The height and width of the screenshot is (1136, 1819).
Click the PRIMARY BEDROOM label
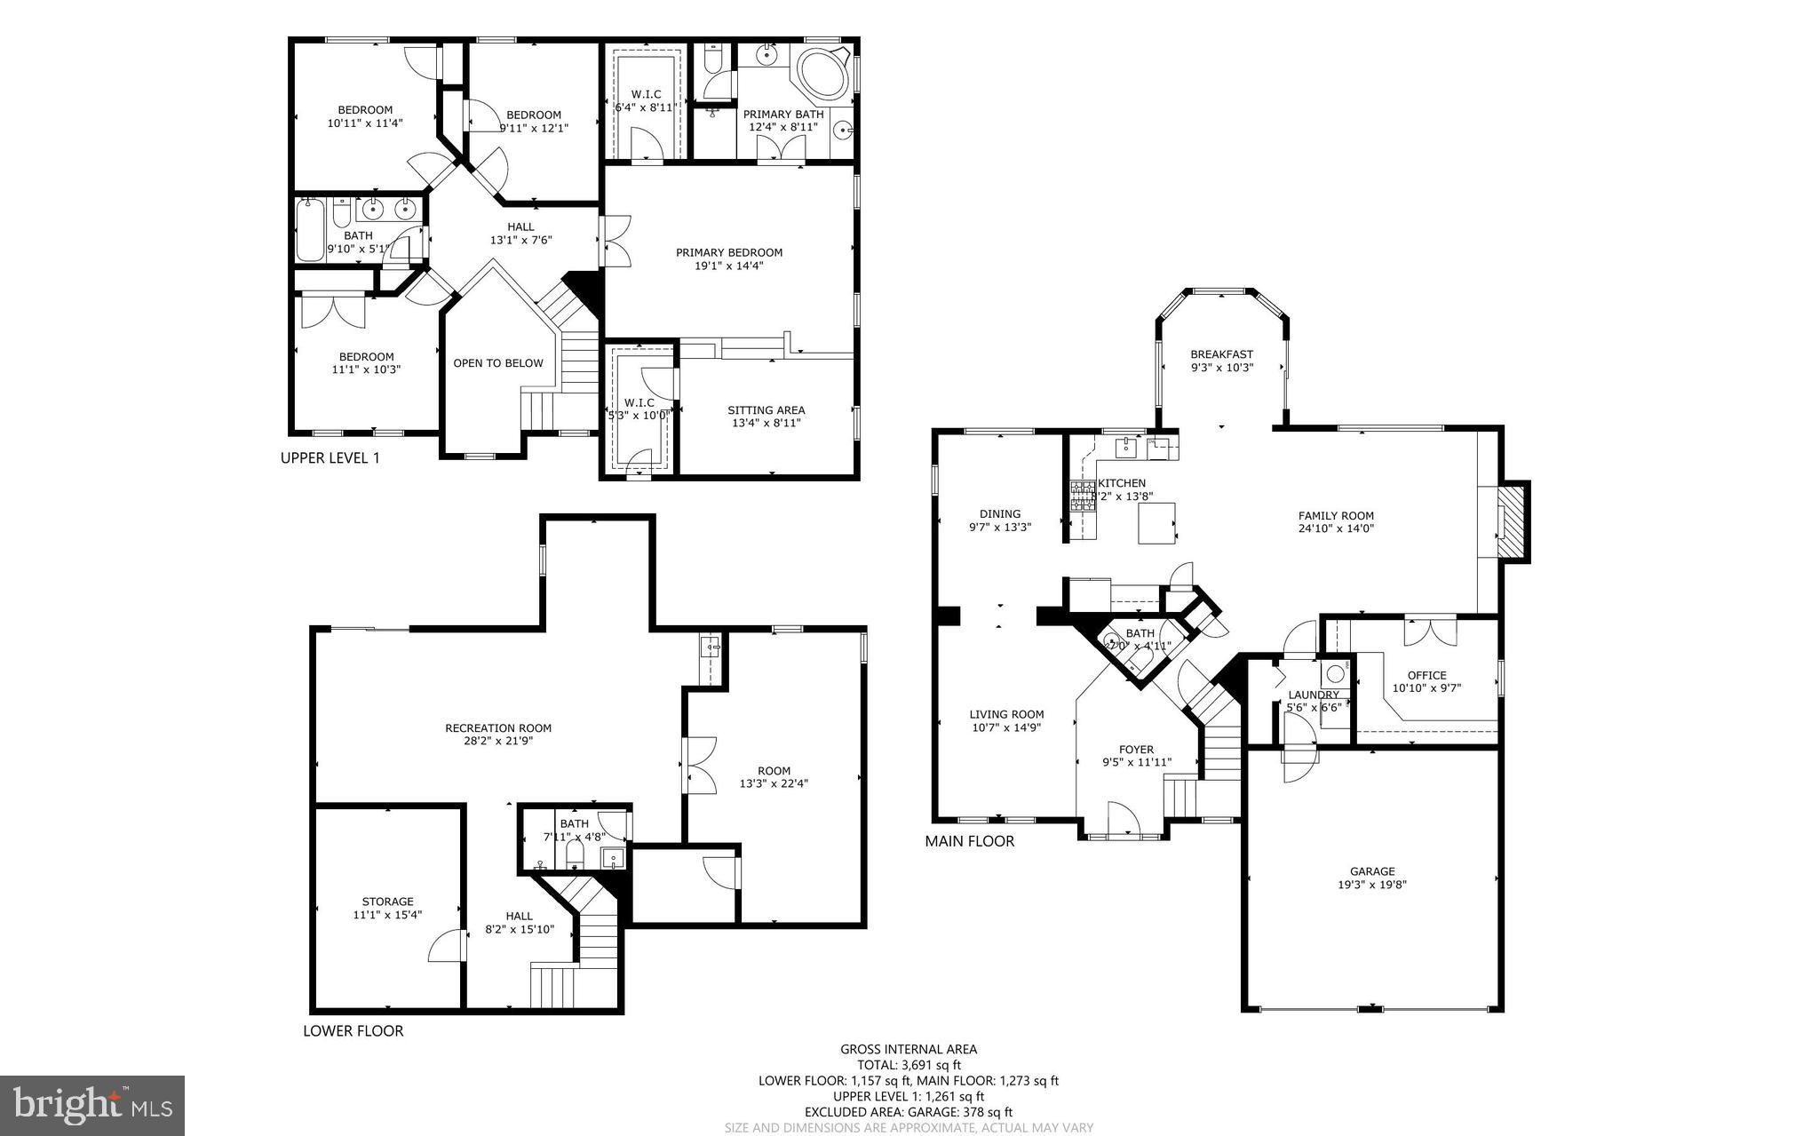tap(728, 252)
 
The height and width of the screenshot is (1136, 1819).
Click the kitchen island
tap(1157, 522)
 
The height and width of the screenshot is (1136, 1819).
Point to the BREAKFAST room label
tap(1221, 354)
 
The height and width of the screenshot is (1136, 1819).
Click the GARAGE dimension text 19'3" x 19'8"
tap(1372, 885)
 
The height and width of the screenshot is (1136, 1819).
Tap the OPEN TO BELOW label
tap(497, 363)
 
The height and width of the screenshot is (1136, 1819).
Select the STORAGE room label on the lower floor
tap(387, 902)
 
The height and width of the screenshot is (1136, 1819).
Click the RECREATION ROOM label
tap(498, 728)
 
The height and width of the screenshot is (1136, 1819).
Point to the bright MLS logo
tap(92, 1105)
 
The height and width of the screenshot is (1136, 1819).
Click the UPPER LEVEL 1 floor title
tap(330, 458)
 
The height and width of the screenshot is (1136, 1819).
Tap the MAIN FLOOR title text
tap(969, 841)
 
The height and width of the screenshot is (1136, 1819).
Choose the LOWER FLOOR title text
tap(353, 1031)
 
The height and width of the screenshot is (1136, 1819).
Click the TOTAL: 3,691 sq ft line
tap(909, 1065)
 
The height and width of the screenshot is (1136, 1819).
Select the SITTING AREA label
tap(766, 410)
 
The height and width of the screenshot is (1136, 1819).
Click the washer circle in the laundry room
tap(1335, 672)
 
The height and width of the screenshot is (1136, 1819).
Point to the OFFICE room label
tap(1426, 675)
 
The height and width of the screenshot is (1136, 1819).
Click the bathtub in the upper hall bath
tap(310, 231)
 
